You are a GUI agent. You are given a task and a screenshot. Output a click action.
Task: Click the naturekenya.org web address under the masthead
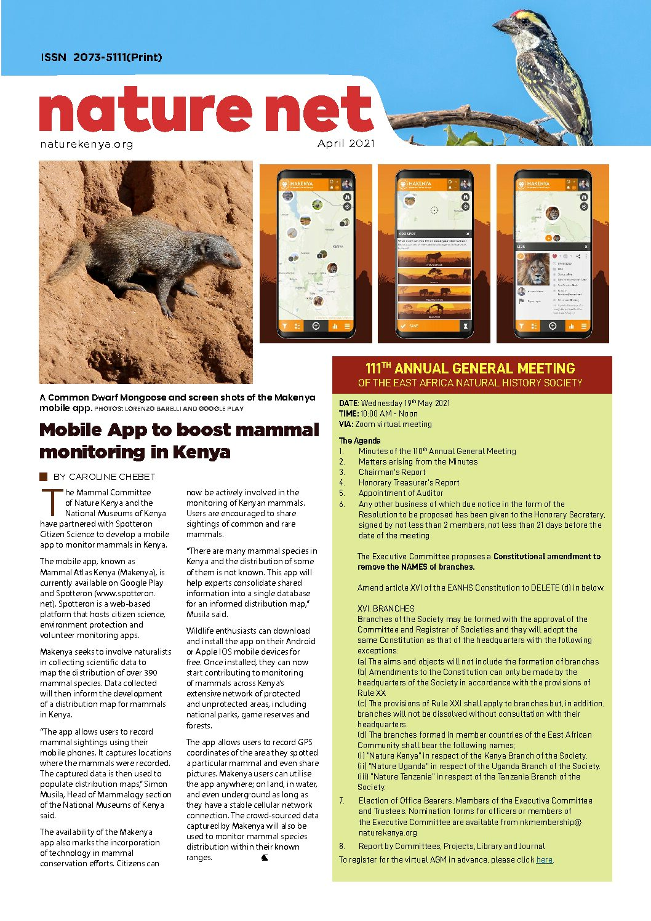coord(86,144)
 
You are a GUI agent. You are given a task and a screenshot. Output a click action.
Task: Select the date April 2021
coord(346,143)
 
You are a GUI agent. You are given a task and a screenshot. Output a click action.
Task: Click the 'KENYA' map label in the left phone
coord(338,246)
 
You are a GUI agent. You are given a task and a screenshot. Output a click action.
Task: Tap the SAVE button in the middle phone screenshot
coord(413,326)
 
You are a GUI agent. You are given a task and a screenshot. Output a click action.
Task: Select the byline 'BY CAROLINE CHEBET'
coord(104,477)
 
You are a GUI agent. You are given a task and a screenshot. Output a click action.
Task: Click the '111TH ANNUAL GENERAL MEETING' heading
coord(470,369)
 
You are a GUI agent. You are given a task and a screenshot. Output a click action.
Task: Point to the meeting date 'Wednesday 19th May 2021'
coord(405,403)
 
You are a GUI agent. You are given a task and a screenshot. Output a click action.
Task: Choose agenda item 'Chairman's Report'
coord(392,472)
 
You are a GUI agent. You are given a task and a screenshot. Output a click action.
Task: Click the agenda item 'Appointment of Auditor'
coord(401,493)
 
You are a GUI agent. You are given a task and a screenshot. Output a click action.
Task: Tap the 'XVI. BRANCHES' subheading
coord(386,608)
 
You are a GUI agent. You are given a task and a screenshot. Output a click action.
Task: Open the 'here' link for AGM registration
coord(545,859)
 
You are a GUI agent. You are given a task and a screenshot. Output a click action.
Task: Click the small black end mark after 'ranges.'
coord(265,858)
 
